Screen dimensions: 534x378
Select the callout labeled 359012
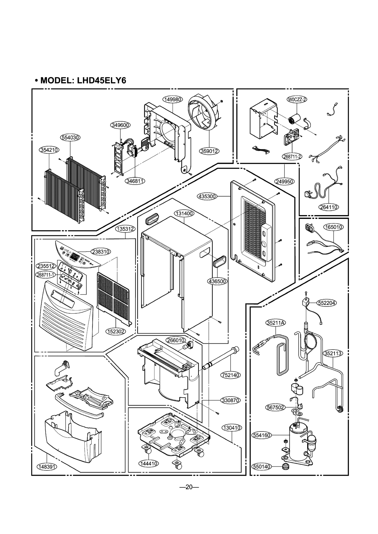pos(210,151)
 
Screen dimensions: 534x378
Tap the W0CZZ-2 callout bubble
pos(297,100)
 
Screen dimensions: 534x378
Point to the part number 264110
pos(328,207)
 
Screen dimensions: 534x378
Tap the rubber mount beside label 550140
pos(287,466)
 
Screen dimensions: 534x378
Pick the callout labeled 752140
pos(230,375)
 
